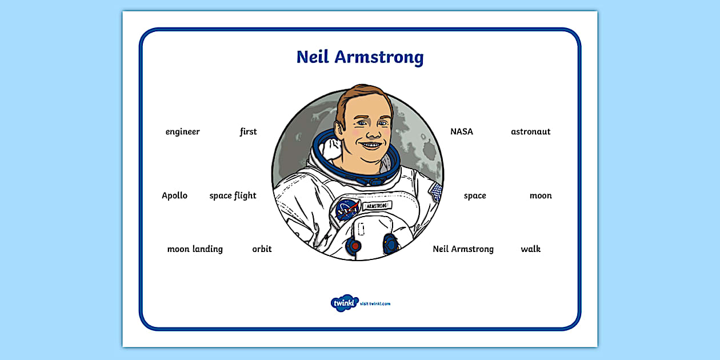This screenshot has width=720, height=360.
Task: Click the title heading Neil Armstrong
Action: click(x=360, y=57)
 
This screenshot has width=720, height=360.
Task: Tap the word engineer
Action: click(x=183, y=132)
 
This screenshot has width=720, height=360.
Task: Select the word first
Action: click(x=248, y=131)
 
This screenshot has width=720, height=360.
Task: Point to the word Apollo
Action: click(x=174, y=196)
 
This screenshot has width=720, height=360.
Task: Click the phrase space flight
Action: click(x=233, y=196)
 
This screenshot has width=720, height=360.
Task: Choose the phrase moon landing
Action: click(x=195, y=249)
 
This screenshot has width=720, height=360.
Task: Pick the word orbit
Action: click(x=262, y=249)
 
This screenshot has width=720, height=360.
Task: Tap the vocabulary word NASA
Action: click(x=462, y=131)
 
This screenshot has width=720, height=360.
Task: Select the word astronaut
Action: click(x=531, y=132)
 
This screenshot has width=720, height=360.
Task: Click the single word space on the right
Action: click(x=475, y=196)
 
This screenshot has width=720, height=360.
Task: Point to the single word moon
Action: click(x=541, y=196)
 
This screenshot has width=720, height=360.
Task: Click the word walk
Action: click(x=531, y=249)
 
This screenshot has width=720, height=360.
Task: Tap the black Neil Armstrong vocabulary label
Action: click(x=463, y=249)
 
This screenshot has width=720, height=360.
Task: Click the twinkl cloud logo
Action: click(x=345, y=303)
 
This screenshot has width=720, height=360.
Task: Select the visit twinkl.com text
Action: click(x=375, y=304)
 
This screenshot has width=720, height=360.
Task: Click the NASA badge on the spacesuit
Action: click(x=347, y=209)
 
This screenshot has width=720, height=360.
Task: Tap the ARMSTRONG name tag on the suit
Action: click(x=377, y=205)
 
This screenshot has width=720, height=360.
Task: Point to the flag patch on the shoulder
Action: click(x=437, y=192)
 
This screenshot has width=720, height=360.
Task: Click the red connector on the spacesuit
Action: click(x=354, y=246)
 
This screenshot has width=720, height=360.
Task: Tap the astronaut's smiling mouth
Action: click(x=371, y=145)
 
